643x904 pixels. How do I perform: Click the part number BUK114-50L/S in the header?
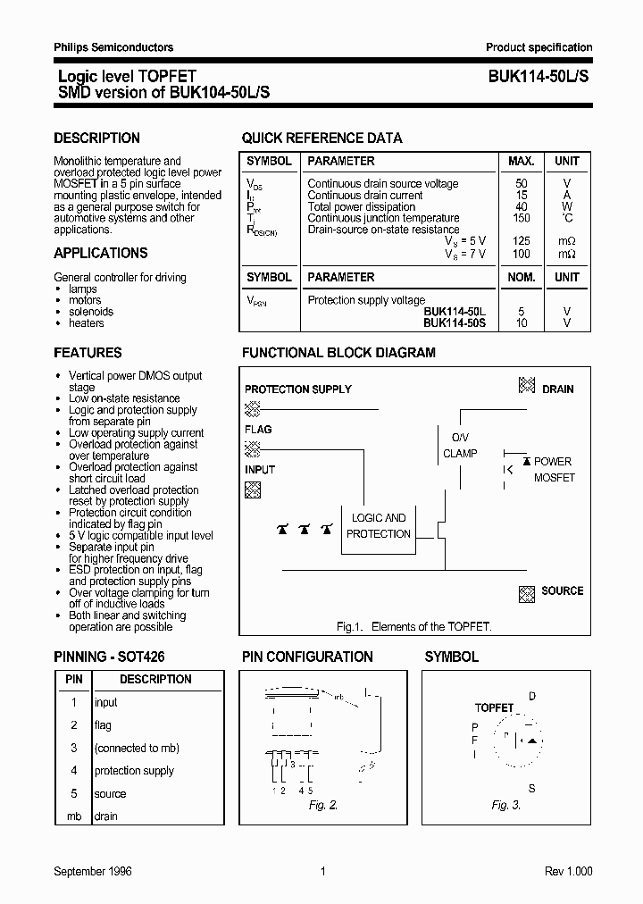click(x=539, y=78)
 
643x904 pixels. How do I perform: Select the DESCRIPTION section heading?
click(x=96, y=138)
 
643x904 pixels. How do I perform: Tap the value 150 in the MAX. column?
click(x=522, y=218)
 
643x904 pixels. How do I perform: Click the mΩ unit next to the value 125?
click(x=567, y=241)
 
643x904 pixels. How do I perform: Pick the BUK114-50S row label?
click(x=455, y=322)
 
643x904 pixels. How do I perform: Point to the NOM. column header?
click(x=522, y=278)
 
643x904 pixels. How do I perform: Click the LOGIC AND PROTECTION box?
click(x=378, y=526)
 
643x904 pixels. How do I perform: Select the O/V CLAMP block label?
click(x=460, y=445)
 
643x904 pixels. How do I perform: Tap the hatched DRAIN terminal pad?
click(x=527, y=386)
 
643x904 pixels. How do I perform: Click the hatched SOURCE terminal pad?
click(x=527, y=592)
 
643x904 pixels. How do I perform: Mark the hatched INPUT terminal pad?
click(x=253, y=489)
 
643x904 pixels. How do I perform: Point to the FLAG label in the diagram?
click(x=258, y=430)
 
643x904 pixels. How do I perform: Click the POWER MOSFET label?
click(x=554, y=470)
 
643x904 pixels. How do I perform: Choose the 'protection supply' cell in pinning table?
click(x=134, y=771)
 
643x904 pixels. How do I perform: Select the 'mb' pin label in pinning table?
click(x=74, y=816)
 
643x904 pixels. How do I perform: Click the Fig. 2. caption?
click(x=323, y=806)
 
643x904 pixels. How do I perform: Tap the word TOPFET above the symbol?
click(x=494, y=707)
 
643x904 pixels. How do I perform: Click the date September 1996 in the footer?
click(x=93, y=872)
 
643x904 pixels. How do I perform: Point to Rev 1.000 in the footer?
click(x=568, y=872)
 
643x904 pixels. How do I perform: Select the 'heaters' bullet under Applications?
click(x=87, y=323)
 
